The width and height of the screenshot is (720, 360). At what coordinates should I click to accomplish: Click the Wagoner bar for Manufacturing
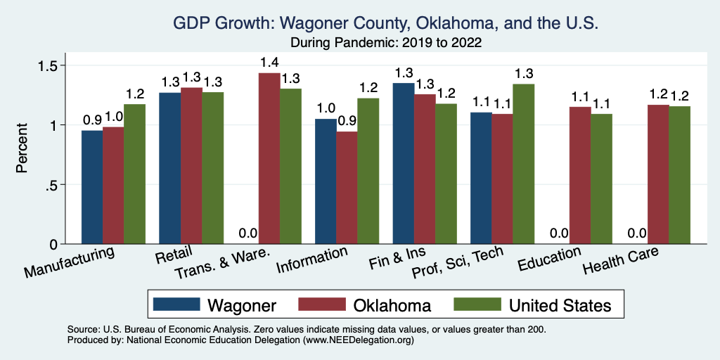(x=92, y=187)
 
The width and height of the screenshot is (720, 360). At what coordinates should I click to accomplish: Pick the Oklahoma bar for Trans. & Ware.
(x=269, y=158)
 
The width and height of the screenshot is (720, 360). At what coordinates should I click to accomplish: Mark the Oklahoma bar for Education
(x=580, y=175)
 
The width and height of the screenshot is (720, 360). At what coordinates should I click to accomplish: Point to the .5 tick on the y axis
(x=51, y=185)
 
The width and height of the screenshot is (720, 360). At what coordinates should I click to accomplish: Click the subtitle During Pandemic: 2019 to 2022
(x=385, y=43)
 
